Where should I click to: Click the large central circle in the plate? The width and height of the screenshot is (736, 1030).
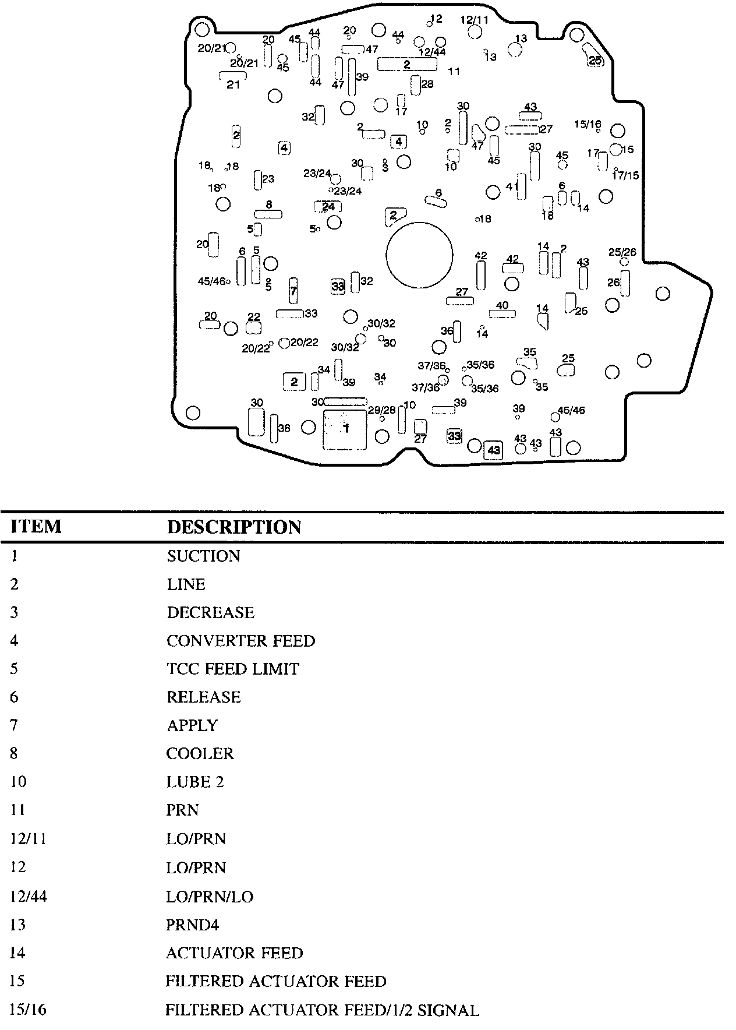419,255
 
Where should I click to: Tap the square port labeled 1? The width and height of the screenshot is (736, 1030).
345,429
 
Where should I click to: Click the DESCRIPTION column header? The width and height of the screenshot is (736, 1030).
234,527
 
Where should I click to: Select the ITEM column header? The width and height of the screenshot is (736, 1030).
36,527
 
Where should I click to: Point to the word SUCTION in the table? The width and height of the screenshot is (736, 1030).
203,556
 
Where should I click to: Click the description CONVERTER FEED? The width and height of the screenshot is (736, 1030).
240,641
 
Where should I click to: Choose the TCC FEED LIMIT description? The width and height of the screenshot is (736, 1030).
232,669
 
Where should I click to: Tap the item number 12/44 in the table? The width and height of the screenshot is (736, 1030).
29,896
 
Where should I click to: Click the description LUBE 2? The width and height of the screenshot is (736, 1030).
195,782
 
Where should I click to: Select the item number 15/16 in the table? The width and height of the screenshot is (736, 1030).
28,1010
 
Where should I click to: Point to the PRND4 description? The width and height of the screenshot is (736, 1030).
193,925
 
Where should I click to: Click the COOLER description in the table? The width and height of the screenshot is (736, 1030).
200,754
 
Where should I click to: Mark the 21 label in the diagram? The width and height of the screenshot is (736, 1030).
233,85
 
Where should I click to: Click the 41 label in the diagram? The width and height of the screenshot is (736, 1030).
512,187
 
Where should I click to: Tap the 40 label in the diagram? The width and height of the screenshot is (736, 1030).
502,305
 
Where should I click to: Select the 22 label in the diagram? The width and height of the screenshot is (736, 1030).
254,317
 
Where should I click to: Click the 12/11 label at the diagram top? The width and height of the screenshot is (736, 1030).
475,20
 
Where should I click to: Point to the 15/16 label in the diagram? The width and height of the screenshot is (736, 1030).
588,124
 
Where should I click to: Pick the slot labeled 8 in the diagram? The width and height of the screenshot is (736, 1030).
268,214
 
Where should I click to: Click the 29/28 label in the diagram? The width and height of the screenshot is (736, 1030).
381,410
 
